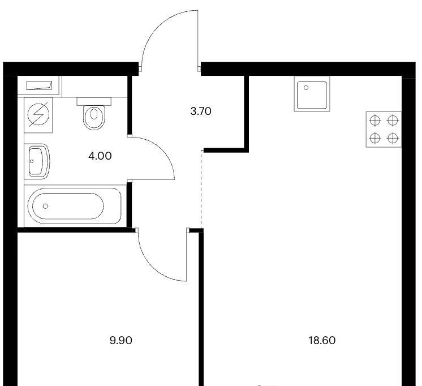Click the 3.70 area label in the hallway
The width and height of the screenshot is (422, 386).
pyautogui.click(x=201, y=111)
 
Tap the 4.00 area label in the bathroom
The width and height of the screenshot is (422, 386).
pyautogui.click(x=100, y=156)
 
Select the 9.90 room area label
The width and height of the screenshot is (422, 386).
pyautogui.click(x=121, y=341)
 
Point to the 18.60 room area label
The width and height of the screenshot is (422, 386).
pyautogui.click(x=322, y=341)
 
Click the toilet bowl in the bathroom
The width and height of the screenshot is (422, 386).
pyautogui.click(x=94, y=118)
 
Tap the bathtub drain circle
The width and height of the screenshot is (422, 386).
pyautogui.click(x=45, y=206)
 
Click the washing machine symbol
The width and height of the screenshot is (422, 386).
pyautogui.click(x=38, y=115)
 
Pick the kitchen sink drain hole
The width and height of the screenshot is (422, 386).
pyautogui.click(x=306, y=88)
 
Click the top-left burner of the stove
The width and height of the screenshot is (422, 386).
pyautogui.click(x=375, y=121)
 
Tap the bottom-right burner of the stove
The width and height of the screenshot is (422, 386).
pyautogui.click(x=393, y=138)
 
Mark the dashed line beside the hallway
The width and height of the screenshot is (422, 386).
pyautogui.click(x=201, y=188)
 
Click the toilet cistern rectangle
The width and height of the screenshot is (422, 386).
pyautogui.click(x=94, y=101)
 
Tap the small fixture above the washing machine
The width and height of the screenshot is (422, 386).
pyautogui.click(x=39, y=85)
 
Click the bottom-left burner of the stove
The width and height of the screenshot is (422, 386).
pyautogui.click(x=375, y=138)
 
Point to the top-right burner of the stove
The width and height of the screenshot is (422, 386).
pyautogui.click(x=393, y=121)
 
